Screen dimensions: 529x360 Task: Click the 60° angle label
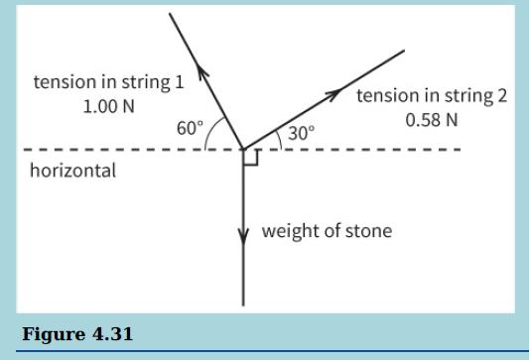[x=190, y=129]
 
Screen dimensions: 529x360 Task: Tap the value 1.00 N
[x=108, y=106]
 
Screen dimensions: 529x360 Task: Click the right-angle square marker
[x=250, y=158]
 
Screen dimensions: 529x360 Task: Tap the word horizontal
[x=72, y=171]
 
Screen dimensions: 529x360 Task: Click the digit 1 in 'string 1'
[x=179, y=82]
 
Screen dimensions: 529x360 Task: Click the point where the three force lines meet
[x=243, y=150]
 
